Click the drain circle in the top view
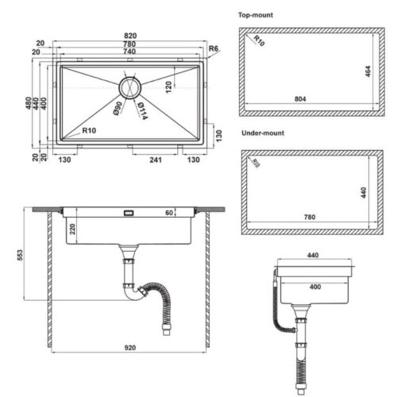coord(129,86)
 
